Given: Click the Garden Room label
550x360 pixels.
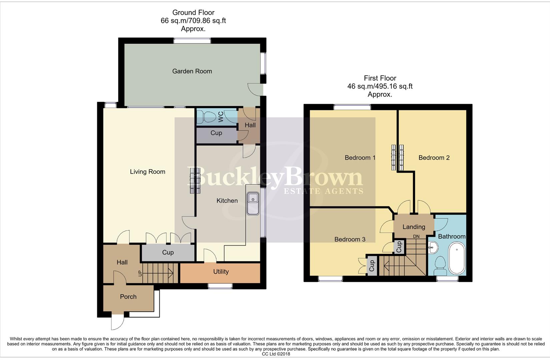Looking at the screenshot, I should point(192,71).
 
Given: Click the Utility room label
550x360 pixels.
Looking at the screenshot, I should point(221,272).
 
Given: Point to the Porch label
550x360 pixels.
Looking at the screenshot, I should point(128,297).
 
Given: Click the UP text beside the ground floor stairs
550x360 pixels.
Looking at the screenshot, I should point(140,273).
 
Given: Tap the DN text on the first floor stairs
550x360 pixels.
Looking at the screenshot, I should point(416,236).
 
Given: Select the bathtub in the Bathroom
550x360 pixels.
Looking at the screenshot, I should point(457,258).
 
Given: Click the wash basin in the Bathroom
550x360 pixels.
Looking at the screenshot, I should point(433,247).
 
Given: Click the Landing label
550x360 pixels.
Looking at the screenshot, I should point(414,227).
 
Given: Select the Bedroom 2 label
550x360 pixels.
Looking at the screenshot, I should point(434,158).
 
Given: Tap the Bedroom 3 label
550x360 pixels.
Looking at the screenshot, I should point(350,239).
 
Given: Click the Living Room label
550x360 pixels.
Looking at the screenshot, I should point(147,172).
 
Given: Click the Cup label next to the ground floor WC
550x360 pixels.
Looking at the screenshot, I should point(216,133).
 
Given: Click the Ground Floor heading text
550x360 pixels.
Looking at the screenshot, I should point(193,12).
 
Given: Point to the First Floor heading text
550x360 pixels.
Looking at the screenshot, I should point(380,78).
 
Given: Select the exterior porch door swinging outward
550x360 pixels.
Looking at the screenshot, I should point(118,322).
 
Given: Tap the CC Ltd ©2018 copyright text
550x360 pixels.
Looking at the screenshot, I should point(276,354).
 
